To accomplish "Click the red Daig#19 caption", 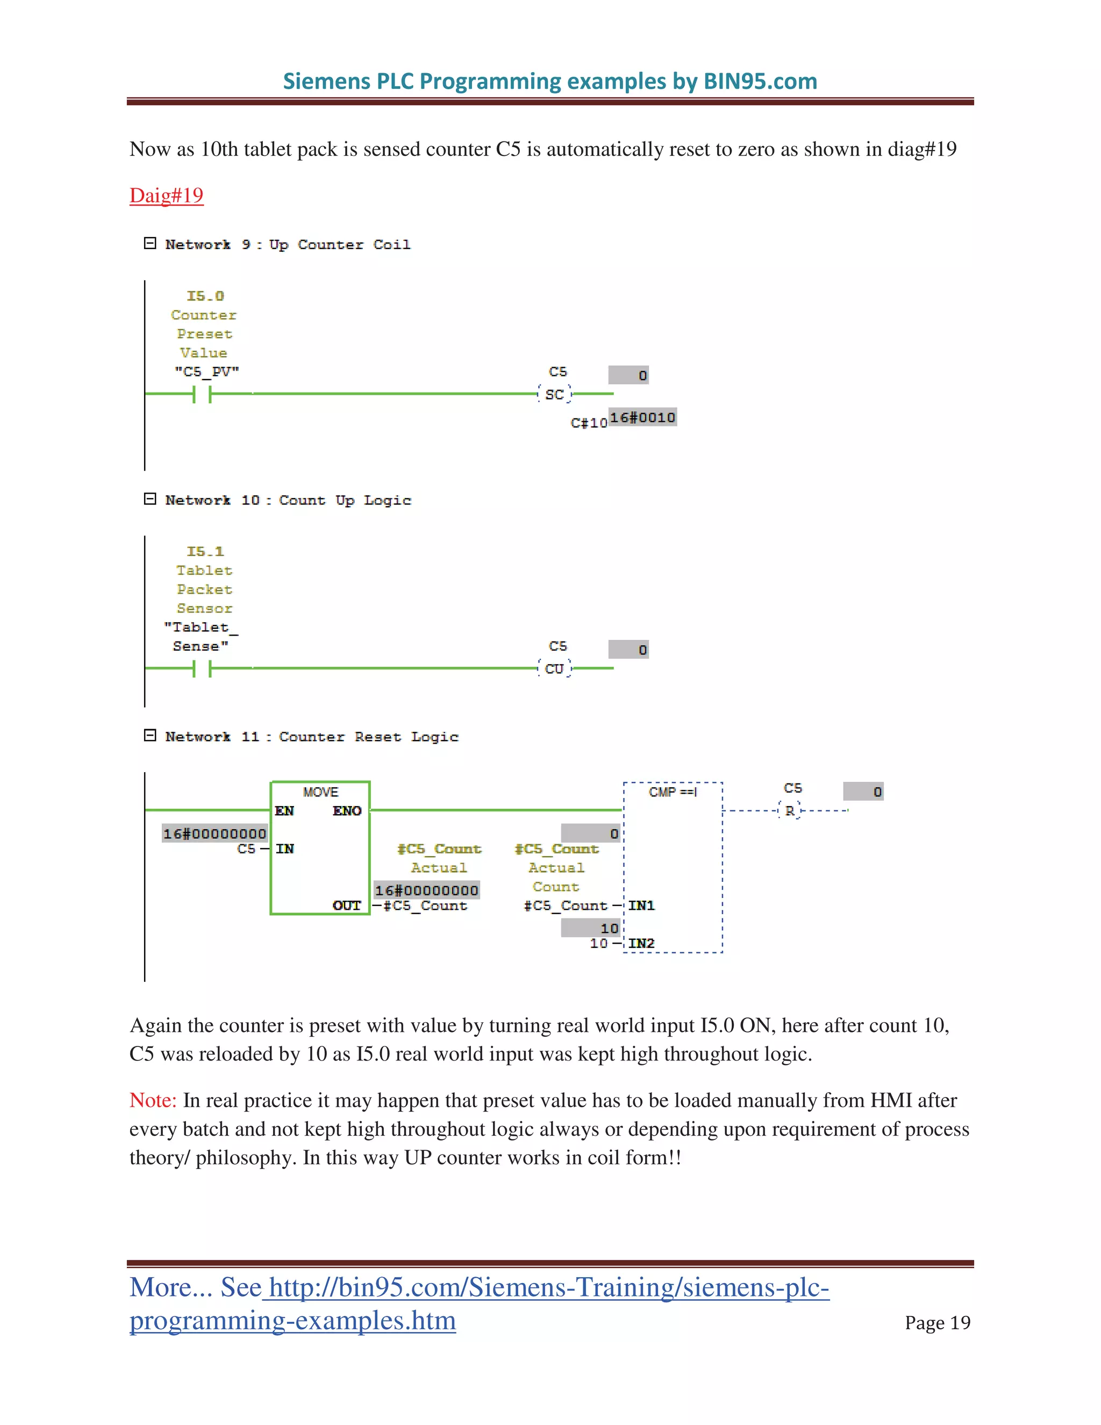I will point(166,195).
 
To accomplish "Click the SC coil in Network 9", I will point(554,394).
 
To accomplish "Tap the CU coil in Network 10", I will point(554,669).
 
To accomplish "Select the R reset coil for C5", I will point(790,811).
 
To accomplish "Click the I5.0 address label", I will point(205,296).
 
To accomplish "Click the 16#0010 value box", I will point(642,418).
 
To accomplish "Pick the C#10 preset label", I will point(588,423).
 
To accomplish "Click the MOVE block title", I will point(320,792).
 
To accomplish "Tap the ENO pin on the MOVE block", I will point(346,811).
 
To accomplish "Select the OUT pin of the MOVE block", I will point(346,906).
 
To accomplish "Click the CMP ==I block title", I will point(673,792).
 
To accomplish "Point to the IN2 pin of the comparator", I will point(641,944).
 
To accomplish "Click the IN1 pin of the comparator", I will point(641,906).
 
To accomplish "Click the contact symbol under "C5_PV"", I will point(202,394).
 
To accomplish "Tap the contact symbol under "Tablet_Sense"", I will point(202,669).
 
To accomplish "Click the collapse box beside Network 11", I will point(150,735).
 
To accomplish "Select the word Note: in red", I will point(153,1100).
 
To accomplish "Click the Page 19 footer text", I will point(937,1323).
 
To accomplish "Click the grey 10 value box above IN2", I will point(591,928).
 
